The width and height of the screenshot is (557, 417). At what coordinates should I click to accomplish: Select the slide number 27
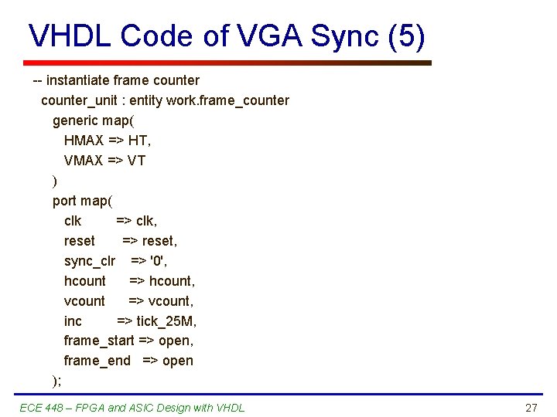coord(531,408)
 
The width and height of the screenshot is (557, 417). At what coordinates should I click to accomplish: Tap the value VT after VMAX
coord(136,161)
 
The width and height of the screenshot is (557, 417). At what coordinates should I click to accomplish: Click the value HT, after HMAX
coord(140,141)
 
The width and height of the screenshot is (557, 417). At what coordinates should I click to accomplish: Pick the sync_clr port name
coord(89,261)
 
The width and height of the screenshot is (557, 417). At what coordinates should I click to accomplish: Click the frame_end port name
coord(97,361)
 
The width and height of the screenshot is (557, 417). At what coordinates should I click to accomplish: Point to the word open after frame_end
coord(178,361)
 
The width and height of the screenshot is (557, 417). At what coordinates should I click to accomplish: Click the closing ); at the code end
coord(56,380)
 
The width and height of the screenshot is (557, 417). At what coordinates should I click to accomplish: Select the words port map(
coord(81,201)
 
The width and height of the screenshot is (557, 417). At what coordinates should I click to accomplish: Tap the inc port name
coord(73,320)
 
